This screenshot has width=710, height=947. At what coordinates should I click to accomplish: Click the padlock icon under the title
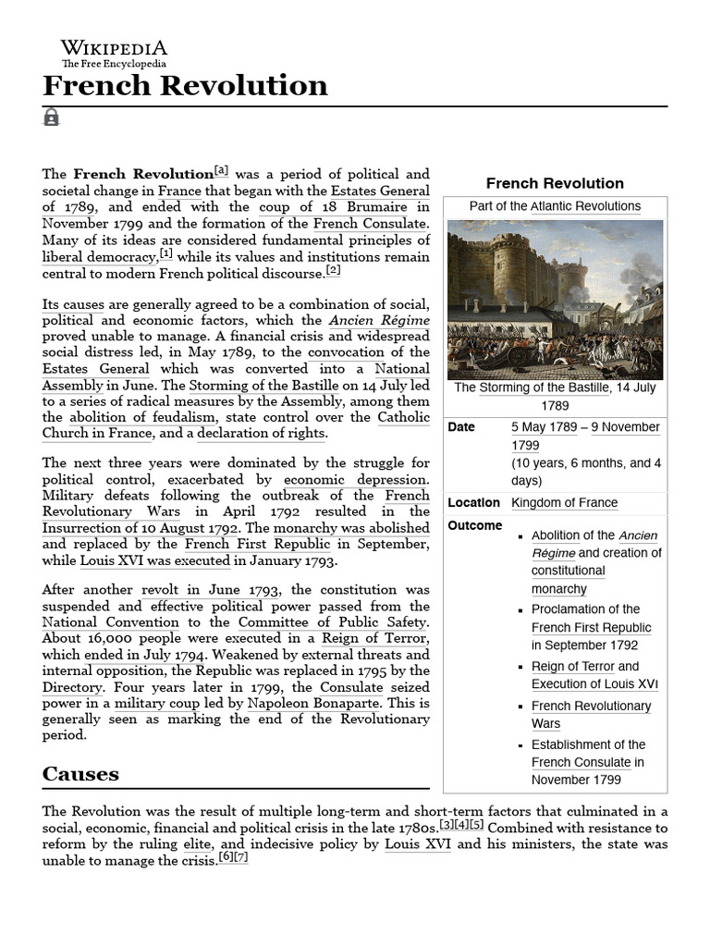tap(51, 117)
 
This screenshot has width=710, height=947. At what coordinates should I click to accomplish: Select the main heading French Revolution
tap(185, 86)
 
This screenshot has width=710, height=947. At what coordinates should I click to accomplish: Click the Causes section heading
tap(80, 773)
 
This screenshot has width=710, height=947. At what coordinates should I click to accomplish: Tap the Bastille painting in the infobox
tap(555, 299)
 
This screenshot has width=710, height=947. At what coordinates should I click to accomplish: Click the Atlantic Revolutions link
tap(585, 206)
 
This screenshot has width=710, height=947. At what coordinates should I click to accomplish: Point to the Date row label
tap(461, 427)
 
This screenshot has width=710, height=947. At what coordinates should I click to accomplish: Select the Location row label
tap(473, 502)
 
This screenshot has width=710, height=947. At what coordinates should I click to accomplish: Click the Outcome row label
tap(474, 525)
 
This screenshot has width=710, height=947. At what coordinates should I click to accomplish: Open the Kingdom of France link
tap(564, 502)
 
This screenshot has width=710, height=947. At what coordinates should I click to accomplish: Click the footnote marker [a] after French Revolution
tap(221, 170)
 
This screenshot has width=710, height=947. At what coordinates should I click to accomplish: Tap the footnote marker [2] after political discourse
tap(333, 270)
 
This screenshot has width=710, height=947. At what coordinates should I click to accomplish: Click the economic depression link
tap(355, 480)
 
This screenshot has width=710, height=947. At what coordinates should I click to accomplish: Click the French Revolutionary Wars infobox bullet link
tap(591, 714)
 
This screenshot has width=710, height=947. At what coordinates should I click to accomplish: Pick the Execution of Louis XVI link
tap(594, 684)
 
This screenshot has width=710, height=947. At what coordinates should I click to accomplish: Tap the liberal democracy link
tap(100, 256)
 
